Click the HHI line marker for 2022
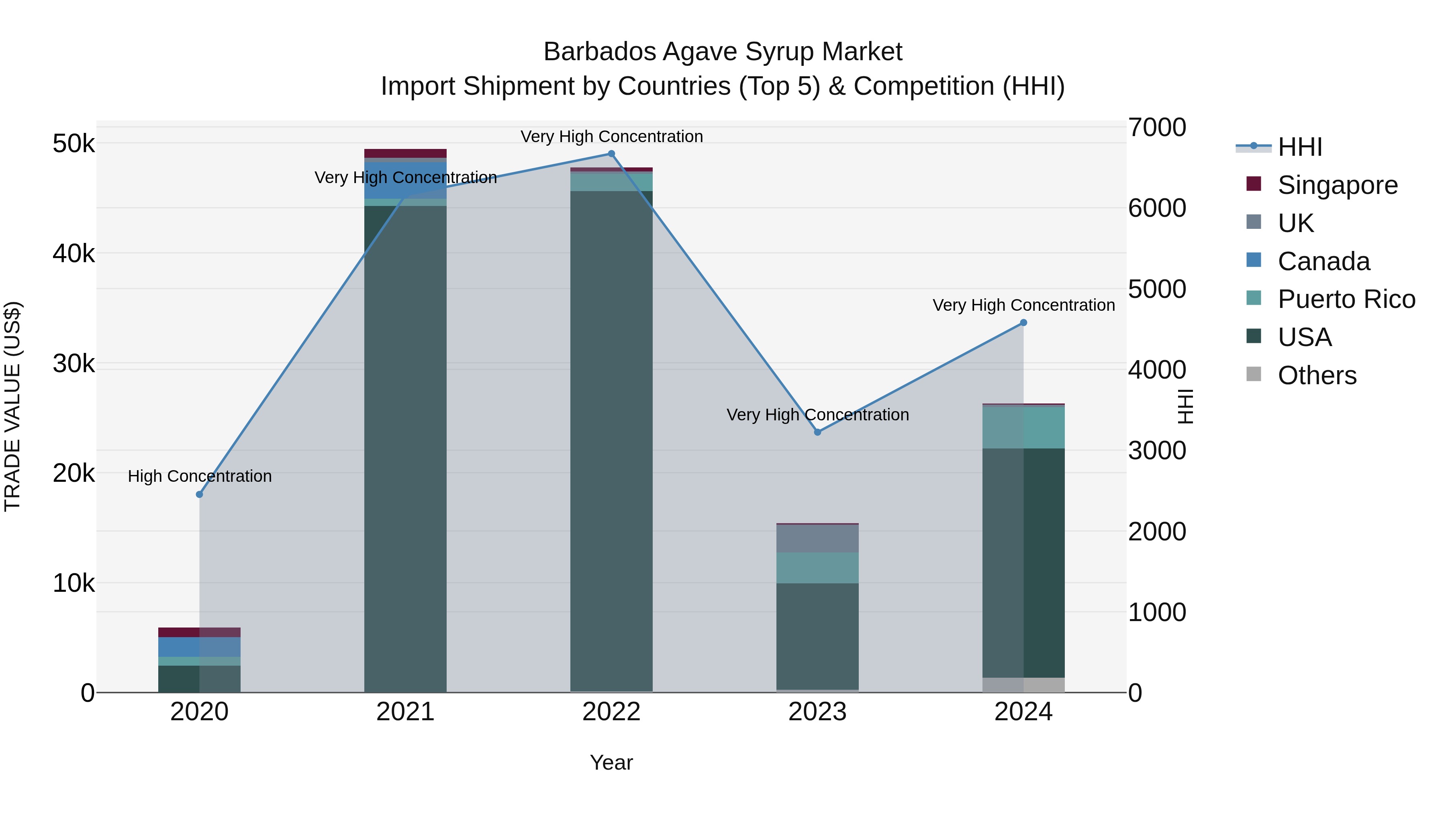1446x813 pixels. (x=611, y=154)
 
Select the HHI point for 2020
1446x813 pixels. (x=199, y=494)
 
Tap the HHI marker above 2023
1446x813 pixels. (x=817, y=432)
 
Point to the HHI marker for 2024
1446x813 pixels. (x=1023, y=323)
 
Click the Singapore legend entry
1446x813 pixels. (x=1337, y=185)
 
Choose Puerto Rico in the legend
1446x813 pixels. (x=1346, y=299)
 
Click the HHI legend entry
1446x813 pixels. (x=1299, y=147)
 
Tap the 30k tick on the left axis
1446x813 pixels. (x=74, y=364)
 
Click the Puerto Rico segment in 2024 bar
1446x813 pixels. (x=1023, y=427)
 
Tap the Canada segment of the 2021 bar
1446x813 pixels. (x=405, y=181)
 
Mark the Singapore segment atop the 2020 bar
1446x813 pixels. (x=199, y=632)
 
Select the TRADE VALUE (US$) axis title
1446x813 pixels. (x=12, y=406)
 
